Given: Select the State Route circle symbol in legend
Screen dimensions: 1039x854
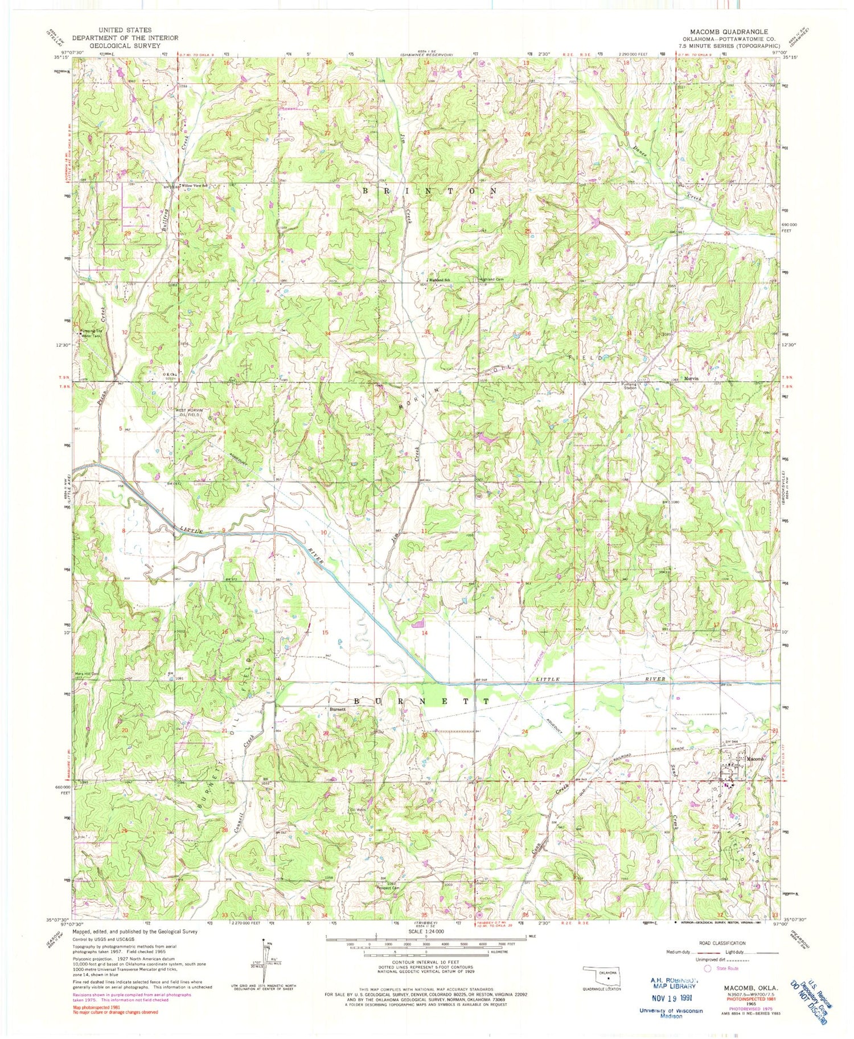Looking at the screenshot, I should click(x=708, y=967).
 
